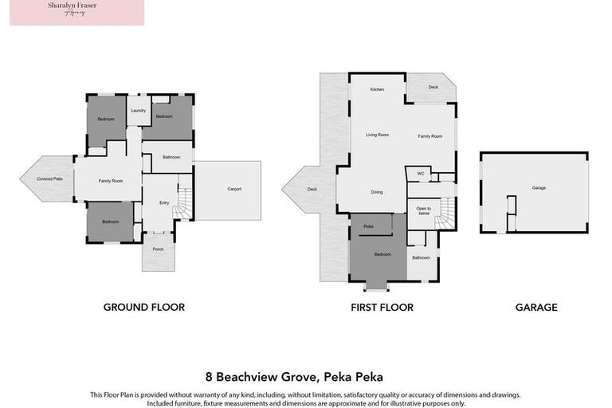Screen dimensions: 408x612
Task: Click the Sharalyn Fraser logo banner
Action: coord(77,13)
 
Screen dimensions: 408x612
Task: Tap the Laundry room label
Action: coord(138,111)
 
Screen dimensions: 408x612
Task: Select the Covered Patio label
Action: coord(49,178)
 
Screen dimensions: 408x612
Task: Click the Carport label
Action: coord(233,189)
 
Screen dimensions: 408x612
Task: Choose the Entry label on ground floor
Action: coord(164,203)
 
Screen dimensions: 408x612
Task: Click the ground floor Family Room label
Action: coord(110,181)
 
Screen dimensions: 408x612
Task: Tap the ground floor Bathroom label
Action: coord(171,157)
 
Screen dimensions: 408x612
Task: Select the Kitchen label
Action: coord(377,89)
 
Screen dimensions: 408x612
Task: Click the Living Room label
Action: coord(377,135)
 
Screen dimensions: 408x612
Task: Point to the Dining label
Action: coord(377,192)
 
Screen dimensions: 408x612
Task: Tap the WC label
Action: coord(420,172)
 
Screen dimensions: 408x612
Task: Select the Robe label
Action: coord(368,227)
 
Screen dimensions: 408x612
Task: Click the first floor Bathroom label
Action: coord(421,257)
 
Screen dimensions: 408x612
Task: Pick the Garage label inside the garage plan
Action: coord(539,189)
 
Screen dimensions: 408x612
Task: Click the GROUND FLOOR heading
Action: coord(144,307)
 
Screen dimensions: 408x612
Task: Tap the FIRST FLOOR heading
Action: coord(382,307)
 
